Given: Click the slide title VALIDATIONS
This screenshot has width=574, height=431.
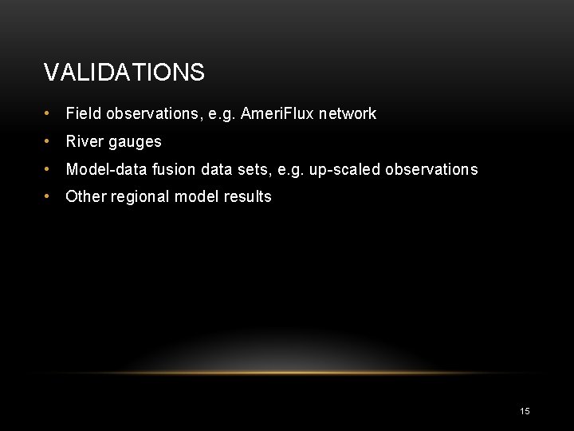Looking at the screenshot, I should [124, 73].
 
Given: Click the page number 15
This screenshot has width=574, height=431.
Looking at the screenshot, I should [525, 411].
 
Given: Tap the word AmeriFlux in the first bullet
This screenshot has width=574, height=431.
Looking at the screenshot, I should [277, 114].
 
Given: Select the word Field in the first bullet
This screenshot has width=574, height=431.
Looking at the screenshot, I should [83, 114].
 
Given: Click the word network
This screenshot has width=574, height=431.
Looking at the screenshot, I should [348, 114].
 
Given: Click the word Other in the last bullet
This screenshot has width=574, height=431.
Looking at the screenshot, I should [85, 197].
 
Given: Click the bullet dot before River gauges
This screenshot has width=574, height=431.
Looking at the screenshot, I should [49, 142].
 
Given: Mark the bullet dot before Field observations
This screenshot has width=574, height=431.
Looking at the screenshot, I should [49, 114].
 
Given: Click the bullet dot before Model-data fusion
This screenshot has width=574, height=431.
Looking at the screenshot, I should [49, 169].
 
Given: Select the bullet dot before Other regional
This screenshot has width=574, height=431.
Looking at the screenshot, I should [49, 197].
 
